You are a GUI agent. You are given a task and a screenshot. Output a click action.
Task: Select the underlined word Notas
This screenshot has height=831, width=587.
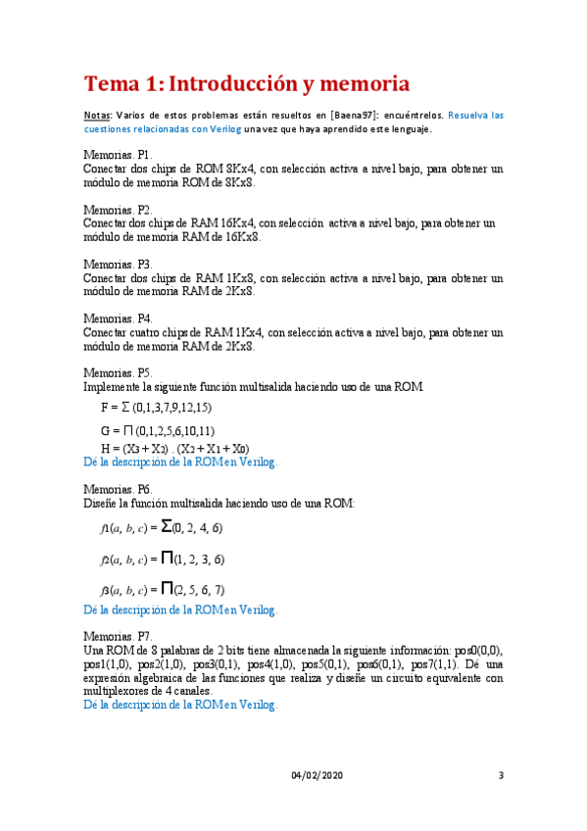[97, 115]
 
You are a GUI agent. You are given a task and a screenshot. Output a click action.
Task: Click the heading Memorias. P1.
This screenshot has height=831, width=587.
[118, 156]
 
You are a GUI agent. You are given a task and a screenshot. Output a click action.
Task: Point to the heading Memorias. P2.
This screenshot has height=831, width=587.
[118, 210]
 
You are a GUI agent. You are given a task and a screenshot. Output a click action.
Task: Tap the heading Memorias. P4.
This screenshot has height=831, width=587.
[118, 318]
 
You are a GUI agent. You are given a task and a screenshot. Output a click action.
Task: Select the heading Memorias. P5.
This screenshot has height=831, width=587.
[118, 373]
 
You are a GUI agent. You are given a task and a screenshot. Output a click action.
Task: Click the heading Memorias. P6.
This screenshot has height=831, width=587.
[118, 488]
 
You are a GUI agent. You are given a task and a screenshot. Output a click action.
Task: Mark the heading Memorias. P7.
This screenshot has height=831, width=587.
[118, 636]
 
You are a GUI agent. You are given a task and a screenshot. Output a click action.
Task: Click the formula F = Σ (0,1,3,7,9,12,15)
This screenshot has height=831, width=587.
[157, 407]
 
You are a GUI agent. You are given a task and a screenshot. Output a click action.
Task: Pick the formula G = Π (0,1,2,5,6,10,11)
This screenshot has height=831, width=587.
[158, 430]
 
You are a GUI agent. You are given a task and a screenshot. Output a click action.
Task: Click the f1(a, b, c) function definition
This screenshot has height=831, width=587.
[162, 528]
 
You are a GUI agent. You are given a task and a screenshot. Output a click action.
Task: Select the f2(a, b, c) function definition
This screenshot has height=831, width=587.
[162, 560]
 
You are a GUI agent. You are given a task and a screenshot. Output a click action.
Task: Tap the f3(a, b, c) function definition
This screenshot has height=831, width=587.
[162, 590]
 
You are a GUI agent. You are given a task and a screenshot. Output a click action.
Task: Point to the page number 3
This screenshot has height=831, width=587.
[501, 776]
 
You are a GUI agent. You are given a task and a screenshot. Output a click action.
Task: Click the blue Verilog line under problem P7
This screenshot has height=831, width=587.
[180, 705]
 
